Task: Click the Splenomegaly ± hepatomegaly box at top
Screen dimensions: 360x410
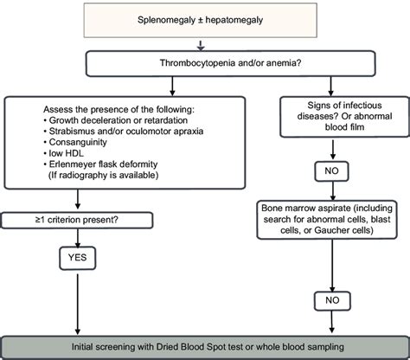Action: point(204,19)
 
